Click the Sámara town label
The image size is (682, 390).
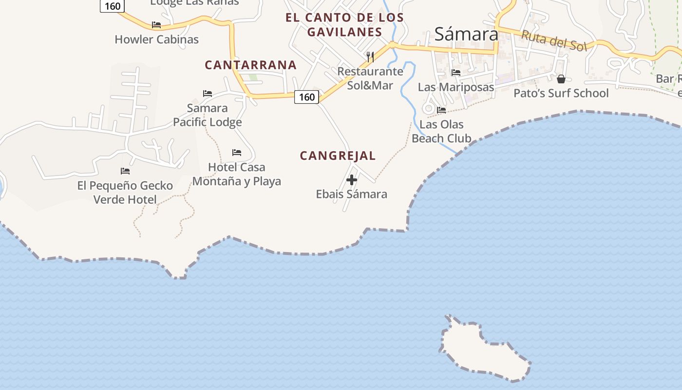pyautogui.click(x=466, y=34)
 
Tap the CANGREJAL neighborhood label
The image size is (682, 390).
pyautogui.click(x=338, y=156)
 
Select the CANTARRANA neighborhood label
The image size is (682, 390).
pyautogui.click(x=250, y=65)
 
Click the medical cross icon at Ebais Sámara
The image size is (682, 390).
pyautogui.click(x=352, y=180)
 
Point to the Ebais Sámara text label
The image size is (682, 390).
pyautogui.click(x=351, y=194)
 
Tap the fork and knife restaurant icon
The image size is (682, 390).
pyautogui.click(x=370, y=57)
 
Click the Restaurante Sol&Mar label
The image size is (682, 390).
pyautogui.click(x=370, y=78)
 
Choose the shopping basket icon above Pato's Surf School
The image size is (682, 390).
pyautogui.click(x=561, y=79)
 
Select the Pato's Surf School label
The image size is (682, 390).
pyautogui.click(x=561, y=93)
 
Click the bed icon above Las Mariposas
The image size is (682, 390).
pyautogui.click(x=456, y=73)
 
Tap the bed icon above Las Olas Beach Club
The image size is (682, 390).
pyautogui.click(x=441, y=110)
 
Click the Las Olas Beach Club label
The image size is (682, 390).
pyautogui.click(x=441, y=131)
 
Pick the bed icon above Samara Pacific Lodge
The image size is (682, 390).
pyautogui.click(x=208, y=94)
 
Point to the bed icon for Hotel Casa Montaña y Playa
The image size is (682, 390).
pyautogui.click(x=237, y=153)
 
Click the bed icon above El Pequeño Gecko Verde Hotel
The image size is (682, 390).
pyautogui.click(x=125, y=171)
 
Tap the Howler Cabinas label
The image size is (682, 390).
pyautogui.click(x=156, y=39)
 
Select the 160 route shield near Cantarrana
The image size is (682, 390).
pyautogui.click(x=307, y=97)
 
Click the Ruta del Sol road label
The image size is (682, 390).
pyautogui.click(x=554, y=41)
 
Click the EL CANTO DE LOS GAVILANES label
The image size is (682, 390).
pyautogui.click(x=344, y=25)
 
